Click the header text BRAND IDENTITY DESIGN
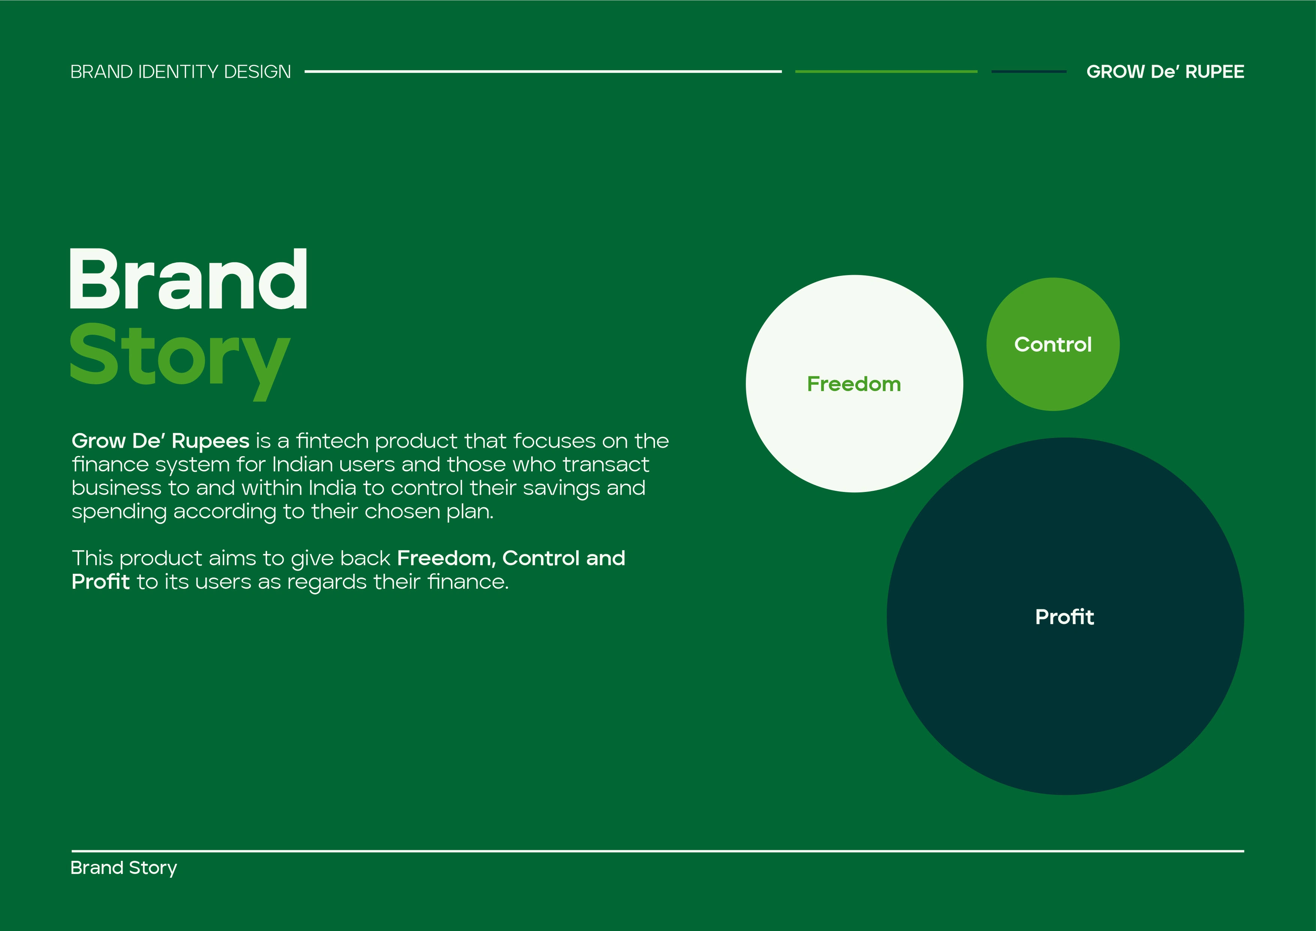[x=180, y=72]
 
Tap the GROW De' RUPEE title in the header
[x=1165, y=72]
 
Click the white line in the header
[x=543, y=72]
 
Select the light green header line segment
[x=886, y=72]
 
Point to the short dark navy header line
[x=1029, y=72]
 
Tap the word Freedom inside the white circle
[x=854, y=384]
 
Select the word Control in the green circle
[x=1053, y=344]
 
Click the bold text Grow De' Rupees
[x=161, y=441]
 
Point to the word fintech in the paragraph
[x=332, y=441]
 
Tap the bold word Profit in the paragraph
[x=101, y=582]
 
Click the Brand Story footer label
[x=124, y=868]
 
